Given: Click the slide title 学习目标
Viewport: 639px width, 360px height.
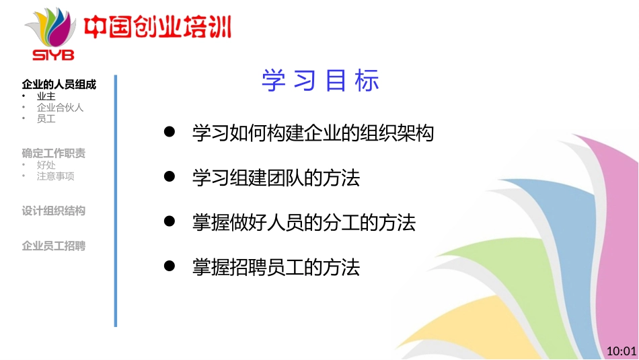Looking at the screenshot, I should [320, 81].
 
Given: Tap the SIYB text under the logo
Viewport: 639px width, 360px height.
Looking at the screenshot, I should [53, 55].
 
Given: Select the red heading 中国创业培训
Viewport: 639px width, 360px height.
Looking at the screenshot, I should [157, 28].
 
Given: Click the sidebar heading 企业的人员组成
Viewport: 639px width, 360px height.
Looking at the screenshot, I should [59, 85].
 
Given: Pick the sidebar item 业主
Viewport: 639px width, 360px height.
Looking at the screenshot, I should [46, 96].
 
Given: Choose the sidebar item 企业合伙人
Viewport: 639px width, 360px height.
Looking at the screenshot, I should [60, 108].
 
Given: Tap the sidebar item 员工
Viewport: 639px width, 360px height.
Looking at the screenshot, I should [46, 119].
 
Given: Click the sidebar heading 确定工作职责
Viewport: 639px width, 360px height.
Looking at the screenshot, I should [54, 153].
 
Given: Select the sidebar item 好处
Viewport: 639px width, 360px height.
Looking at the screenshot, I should [46, 165].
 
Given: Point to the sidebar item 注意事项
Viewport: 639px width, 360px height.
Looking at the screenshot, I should [55, 176].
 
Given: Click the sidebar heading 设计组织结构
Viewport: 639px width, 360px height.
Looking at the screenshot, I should [54, 211].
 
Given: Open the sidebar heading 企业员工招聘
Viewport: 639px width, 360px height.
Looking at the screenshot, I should [54, 246].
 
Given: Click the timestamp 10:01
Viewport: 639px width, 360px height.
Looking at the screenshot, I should [621, 351].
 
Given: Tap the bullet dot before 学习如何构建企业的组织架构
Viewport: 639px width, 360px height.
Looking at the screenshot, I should [170, 133].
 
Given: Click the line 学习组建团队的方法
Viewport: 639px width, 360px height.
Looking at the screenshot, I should [276, 178].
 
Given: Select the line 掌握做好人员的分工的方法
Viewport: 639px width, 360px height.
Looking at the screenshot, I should [303, 223].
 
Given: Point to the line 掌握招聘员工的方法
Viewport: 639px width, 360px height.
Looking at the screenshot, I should [276, 267].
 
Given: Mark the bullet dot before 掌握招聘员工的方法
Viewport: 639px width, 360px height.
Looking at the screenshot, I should [170, 266].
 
